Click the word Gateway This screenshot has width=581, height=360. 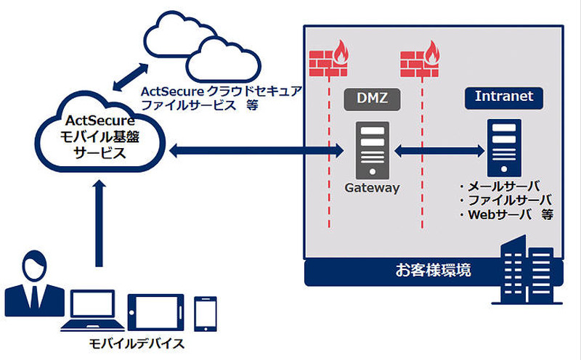coord(373,187)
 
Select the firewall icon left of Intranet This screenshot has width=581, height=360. coord(420,60)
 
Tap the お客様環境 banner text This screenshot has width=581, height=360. coord(433,271)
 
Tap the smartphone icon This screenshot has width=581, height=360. coord(206,312)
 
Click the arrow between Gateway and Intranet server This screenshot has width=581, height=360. coord(439,151)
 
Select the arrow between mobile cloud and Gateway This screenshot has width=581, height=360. coord(254,151)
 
